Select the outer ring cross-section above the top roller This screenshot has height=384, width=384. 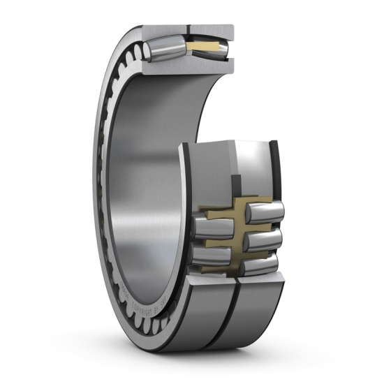pyautogui.click(x=189, y=30)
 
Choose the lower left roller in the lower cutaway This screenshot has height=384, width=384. pyautogui.click(x=209, y=255)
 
